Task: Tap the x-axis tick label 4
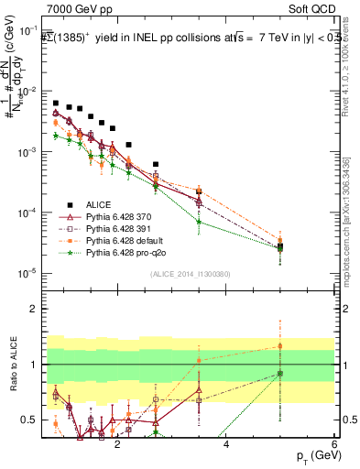pos(226,443)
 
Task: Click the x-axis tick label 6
pos(334,443)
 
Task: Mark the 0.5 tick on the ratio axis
pos(31,420)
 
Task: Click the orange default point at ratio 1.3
pos(279,346)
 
